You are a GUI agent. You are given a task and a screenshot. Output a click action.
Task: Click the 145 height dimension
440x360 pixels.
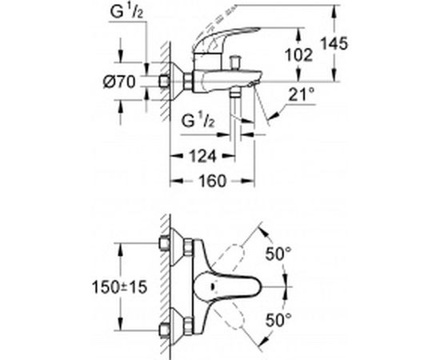334,44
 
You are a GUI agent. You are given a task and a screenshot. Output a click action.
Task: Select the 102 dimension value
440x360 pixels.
298,55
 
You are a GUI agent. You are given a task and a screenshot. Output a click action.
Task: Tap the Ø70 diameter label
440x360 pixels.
119,82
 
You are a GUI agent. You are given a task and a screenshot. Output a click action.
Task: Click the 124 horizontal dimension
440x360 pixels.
203,156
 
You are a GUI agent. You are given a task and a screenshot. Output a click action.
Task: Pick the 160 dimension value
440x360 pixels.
212,181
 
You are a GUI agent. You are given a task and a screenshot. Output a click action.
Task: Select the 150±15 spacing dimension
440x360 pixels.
120,287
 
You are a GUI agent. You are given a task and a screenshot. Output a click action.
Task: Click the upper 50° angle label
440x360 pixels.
278,254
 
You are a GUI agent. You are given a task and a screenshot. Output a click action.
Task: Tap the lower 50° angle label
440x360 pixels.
278,320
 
